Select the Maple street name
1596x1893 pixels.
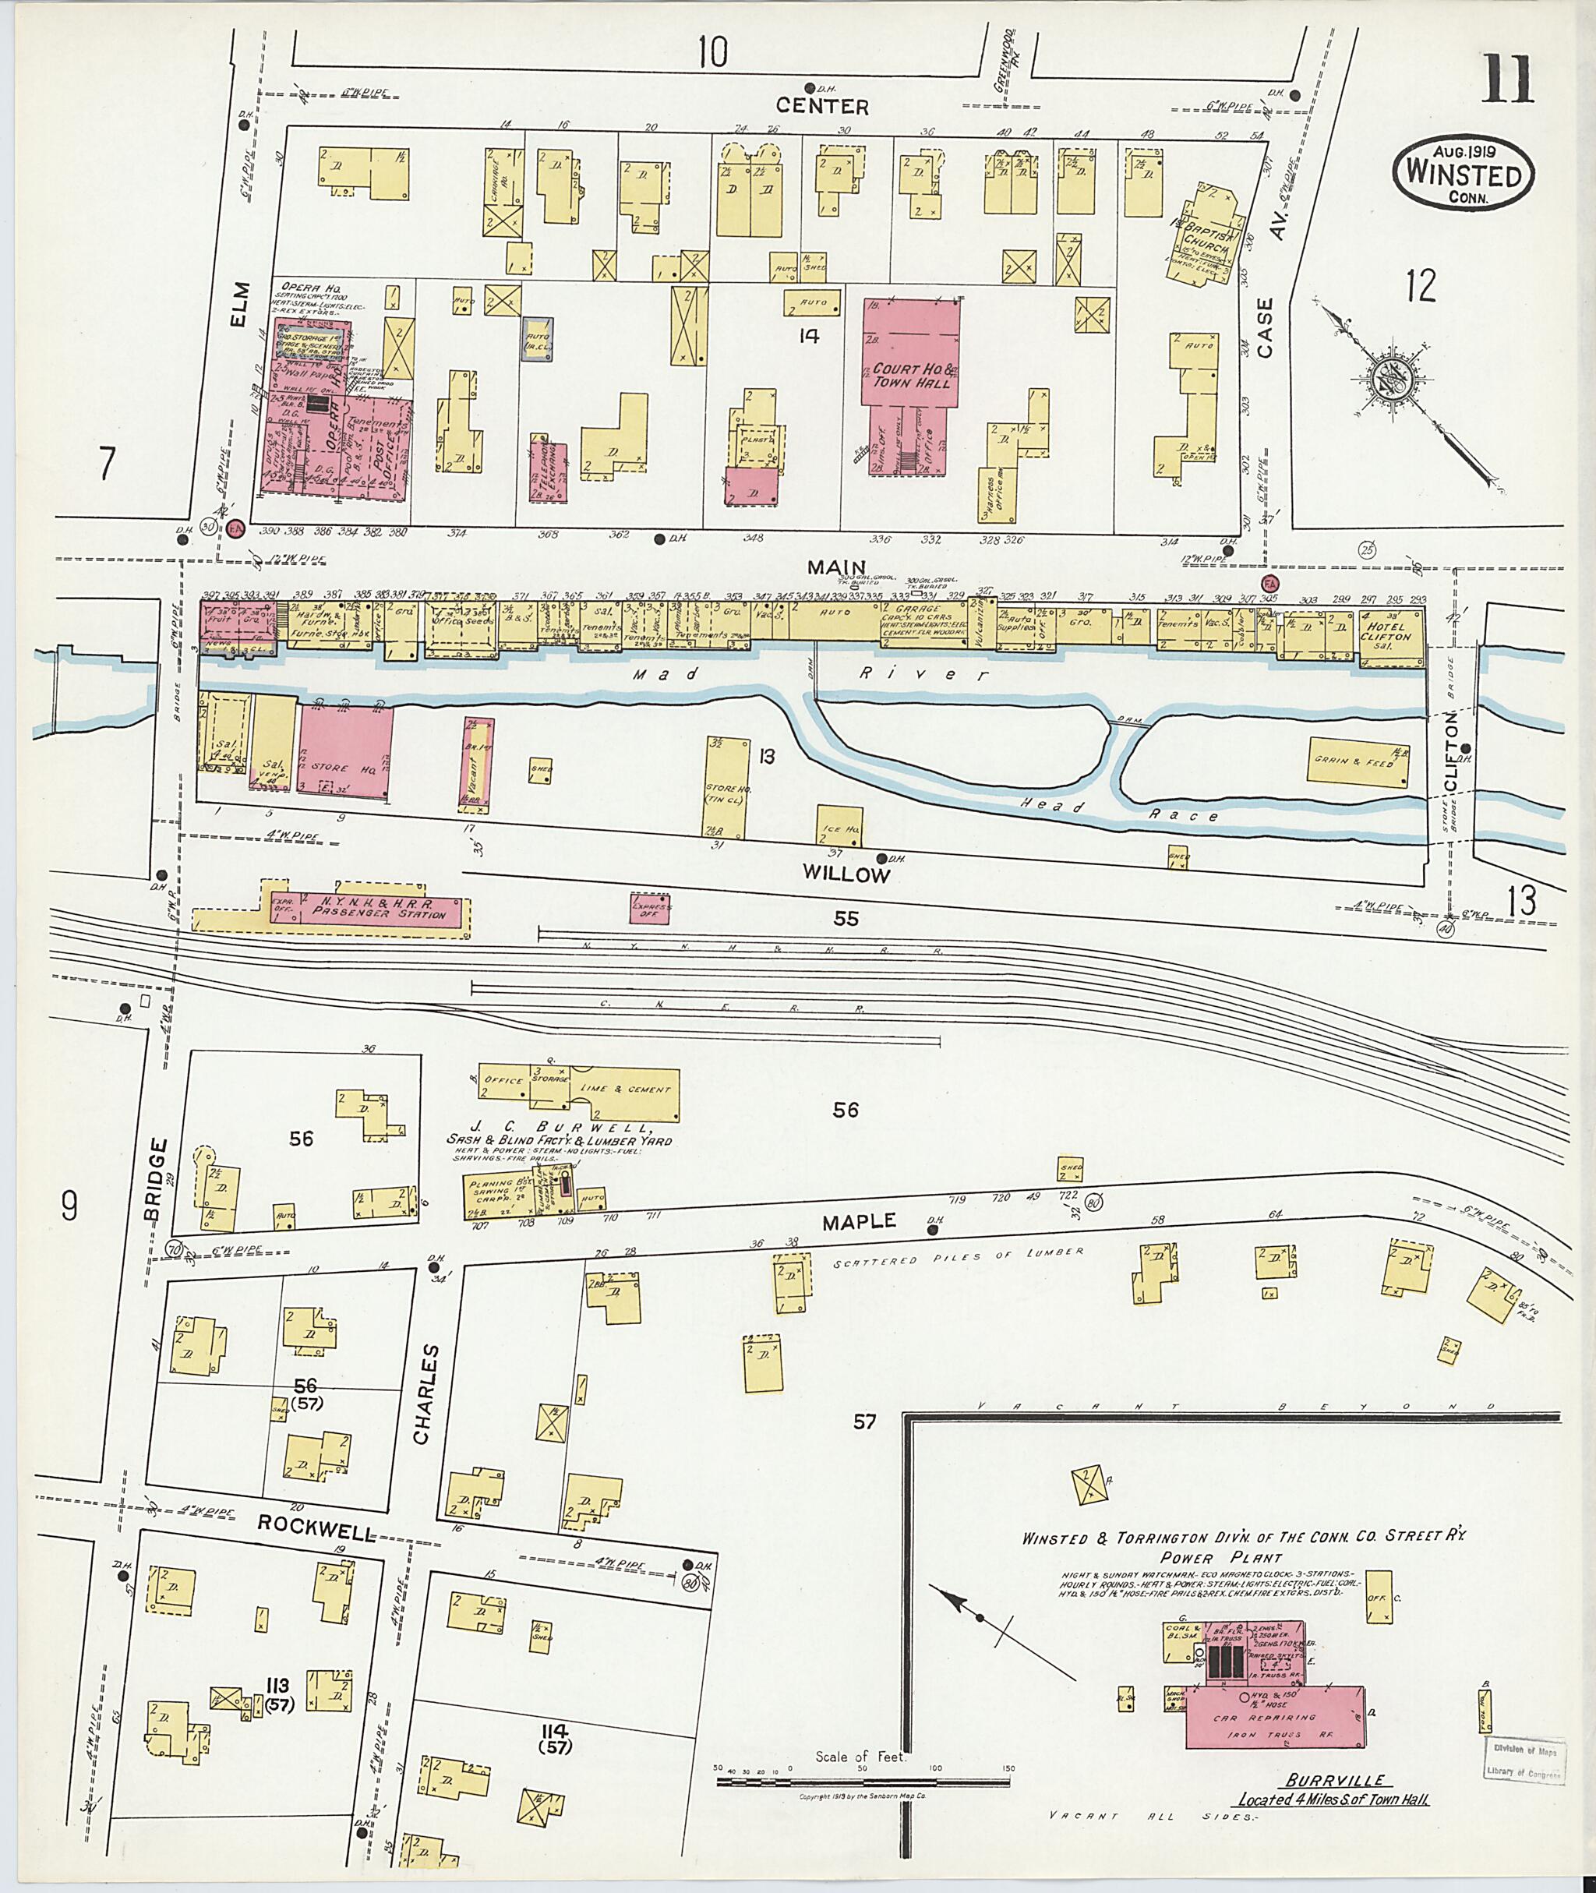click(859, 1221)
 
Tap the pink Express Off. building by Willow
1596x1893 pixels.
click(650, 909)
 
